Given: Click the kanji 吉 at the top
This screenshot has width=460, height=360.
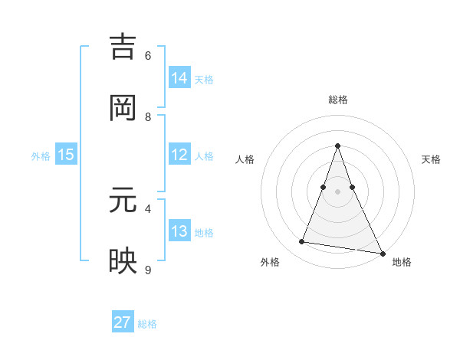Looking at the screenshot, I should point(123,48).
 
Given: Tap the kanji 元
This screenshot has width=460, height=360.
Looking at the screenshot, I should point(123,200).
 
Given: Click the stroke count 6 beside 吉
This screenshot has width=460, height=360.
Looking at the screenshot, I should point(148,56).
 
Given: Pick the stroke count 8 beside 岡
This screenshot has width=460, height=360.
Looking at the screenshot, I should point(148,117).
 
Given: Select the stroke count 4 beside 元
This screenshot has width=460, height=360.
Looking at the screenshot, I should point(148,208).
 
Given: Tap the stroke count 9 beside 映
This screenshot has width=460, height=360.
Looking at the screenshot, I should point(148,269).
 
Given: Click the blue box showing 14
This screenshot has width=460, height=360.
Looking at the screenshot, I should point(179,78).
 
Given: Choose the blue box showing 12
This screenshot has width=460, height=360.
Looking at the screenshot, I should point(179,155).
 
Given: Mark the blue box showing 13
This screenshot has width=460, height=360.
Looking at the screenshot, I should point(179,231).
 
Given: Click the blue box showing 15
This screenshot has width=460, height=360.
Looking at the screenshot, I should point(66,155).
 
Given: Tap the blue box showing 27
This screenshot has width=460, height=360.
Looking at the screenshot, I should point(123,322).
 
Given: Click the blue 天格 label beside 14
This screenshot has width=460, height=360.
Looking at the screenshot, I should point(204,80).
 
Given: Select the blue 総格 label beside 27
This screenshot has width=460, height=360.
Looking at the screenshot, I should point(147,324).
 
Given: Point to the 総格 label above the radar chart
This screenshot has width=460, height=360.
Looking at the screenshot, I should point(338,100).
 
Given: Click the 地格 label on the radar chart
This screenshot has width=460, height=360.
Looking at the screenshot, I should point(402,262).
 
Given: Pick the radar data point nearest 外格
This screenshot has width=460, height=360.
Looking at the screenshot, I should point(301,242).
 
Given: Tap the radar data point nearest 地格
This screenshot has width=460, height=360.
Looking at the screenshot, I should point(382,253).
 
